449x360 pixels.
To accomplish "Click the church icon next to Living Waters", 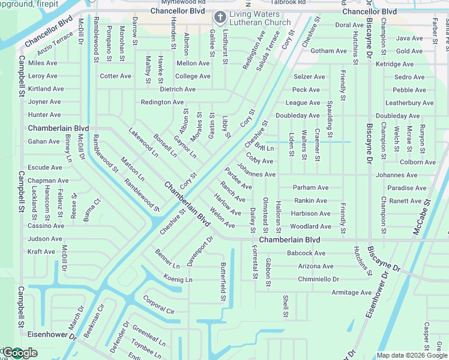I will tap(220, 16).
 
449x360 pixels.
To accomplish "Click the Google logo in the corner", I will tap(19, 352).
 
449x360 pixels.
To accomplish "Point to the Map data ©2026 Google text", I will tap(412, 356).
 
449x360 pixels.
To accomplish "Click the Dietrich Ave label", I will tap(177, 89).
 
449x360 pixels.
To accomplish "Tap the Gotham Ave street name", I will tap(329, 51).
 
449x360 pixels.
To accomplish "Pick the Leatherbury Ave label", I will tap(409, 103).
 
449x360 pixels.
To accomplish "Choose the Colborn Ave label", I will tap(417, 162).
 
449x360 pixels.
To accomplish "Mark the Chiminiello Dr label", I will tap(318, 280).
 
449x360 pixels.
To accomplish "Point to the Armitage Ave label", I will tap(351, 293).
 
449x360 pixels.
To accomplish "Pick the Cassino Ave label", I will tap(46, 226).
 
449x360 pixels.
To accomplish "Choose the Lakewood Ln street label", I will tap(142, 142).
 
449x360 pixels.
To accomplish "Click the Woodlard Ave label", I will tap(310, 227).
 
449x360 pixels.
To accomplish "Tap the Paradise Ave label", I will tap(406, 188).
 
